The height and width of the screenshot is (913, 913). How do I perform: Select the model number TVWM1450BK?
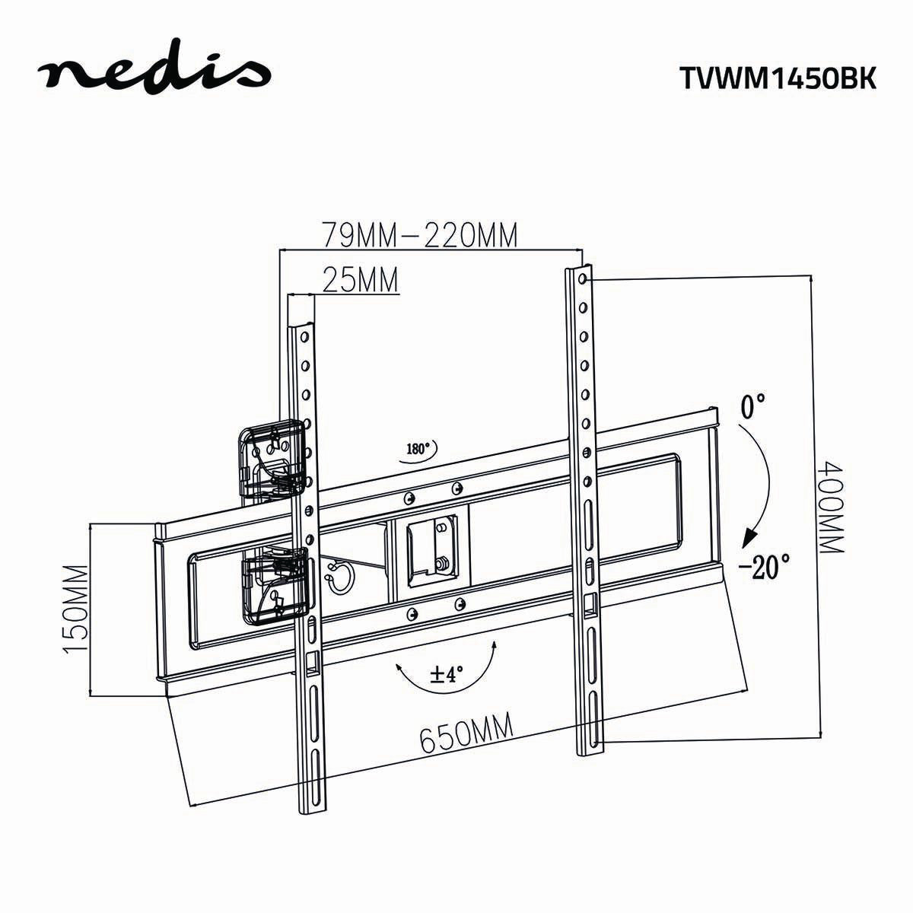(x=776, y=79)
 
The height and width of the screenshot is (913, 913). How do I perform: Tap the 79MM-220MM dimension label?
(x=419, y=235)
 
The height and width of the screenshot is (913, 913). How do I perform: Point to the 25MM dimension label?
(x=361, y=280)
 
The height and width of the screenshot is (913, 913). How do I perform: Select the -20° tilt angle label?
(x=765, y=566)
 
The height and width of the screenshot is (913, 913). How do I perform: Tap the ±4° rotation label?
(x=447, y=674)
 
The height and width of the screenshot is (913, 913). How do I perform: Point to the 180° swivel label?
(x=418, y=449)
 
